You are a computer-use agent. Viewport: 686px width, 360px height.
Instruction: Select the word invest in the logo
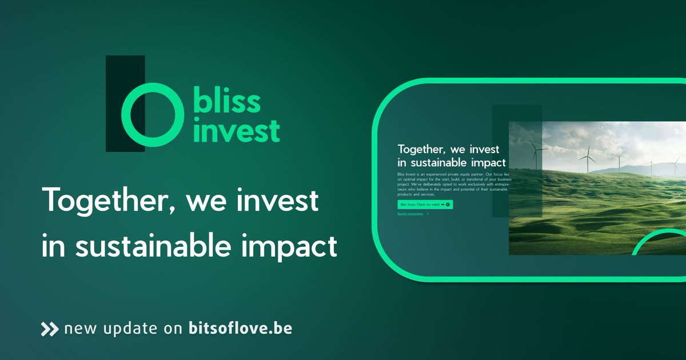click(236, 130)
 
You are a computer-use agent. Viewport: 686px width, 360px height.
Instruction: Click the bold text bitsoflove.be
click(240, 329)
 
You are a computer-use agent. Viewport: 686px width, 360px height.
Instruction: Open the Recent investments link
click(410, 214)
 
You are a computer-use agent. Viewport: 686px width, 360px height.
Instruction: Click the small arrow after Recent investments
click(428, 214)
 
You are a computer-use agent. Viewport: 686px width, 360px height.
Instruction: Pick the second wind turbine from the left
click(587, 158)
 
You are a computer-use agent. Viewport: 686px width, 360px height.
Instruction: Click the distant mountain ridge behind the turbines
click(629, 169)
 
